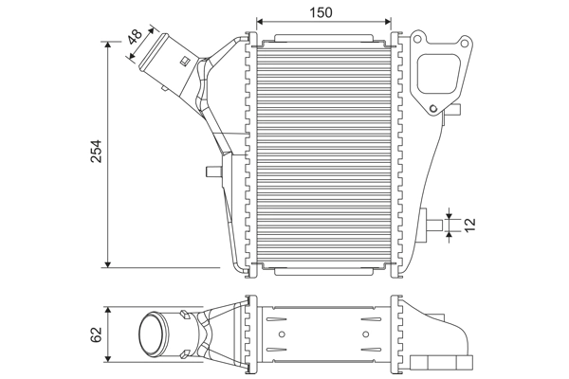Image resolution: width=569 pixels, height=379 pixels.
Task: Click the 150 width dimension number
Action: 321,13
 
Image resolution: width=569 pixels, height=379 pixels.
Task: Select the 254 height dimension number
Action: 96,152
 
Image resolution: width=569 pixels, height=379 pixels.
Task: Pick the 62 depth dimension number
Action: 96,334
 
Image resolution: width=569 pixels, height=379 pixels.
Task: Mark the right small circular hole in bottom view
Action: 362,334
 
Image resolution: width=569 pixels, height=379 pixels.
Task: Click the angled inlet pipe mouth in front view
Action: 152,54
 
